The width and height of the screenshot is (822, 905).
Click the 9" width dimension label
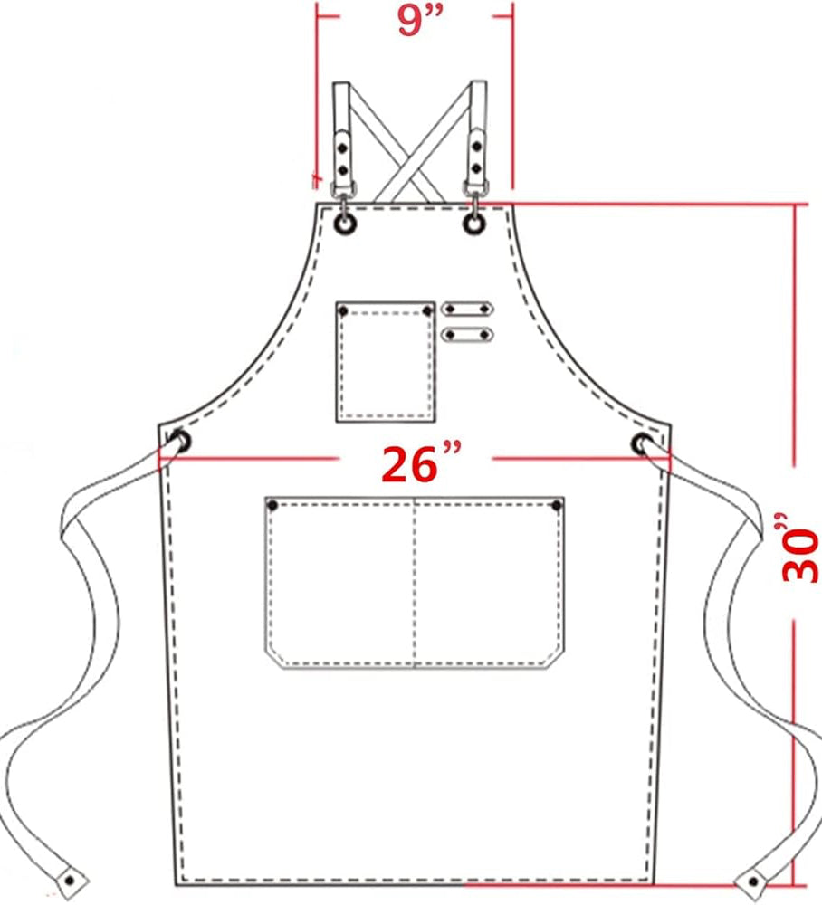pos(420,20)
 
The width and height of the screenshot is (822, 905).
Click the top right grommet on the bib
pos(474,224)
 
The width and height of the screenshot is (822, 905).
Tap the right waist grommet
pos(642,443)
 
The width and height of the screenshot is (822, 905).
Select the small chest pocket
pos(386,362)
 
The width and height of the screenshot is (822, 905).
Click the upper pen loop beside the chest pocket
pos(467,309)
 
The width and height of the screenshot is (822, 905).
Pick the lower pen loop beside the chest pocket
pos(467,334)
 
